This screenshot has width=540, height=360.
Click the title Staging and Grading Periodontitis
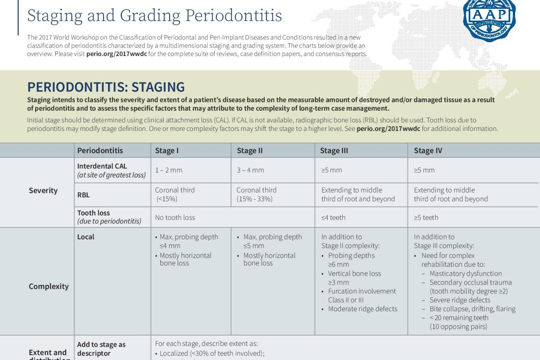(x=154, y=15)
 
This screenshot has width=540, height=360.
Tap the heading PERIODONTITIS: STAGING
(x=106, y=87)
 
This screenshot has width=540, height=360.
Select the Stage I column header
(x=167, y=150)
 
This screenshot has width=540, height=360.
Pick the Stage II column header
(x=250, y=150)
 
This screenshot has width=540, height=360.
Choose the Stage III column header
(x=334, y=150)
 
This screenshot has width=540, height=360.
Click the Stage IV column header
(x=428, y=150)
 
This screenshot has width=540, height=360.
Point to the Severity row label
(x=43, y=190)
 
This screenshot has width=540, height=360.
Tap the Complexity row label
(x=49, y=286)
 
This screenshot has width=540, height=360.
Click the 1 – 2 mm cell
(x=169, y=170)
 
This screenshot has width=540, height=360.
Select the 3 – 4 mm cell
(x=250, y=170)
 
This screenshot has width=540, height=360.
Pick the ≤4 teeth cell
(x=333, y=217)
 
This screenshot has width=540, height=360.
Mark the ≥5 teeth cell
(x=426, y=217)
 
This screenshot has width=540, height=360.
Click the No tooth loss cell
(x=175, y=217)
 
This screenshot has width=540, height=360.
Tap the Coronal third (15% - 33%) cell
(x=256, y=195)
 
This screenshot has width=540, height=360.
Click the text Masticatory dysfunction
(x=465, y=274)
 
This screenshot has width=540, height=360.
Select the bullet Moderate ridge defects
(x=362, y=309)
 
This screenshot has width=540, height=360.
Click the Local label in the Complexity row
(x=86, y=237)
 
